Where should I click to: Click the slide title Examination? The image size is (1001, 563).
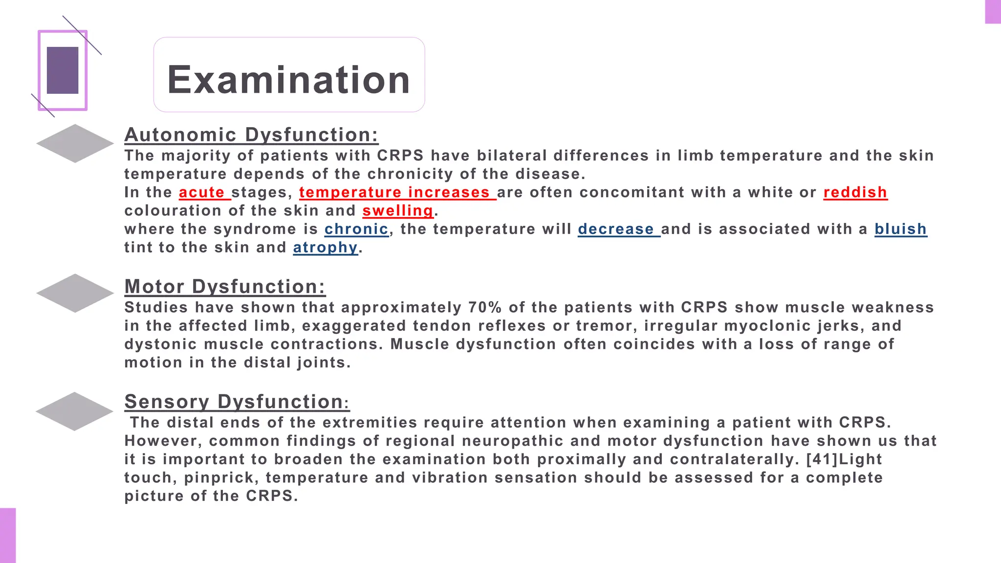click(x=288, y=80)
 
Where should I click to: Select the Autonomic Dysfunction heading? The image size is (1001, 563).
click(x=251, y=135)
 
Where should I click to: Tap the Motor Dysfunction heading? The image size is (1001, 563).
click(x=225, y=287)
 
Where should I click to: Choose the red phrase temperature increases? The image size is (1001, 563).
click(x=394, y=193)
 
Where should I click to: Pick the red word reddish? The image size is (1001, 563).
click(x=855, y=193)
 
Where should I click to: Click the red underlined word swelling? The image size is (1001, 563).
click(x=398, y=211)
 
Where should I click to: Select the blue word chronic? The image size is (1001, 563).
click(x=356, y=229)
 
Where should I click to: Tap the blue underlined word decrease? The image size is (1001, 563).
click(x=616, y=229)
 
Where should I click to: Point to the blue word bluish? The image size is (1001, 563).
click(x=900, y=229)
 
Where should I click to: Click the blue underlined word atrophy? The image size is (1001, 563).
click(x=325, y=247)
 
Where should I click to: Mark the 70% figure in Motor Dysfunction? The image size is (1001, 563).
click(x=485, y=307)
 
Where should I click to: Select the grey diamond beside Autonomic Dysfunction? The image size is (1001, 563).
click(x=75, y=143)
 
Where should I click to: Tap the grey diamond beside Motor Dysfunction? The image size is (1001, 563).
click(x=75, y=293)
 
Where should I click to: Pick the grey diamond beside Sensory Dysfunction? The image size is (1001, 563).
click(x=75, y=411)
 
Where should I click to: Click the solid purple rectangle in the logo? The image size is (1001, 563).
click(x=63, y=70)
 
